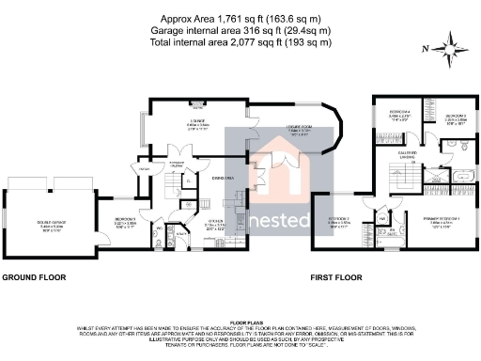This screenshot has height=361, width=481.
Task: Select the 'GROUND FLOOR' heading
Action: coord(35,279)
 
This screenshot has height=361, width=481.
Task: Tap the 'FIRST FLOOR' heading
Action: coord(336,279)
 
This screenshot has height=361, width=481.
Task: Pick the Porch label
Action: coord(143,169)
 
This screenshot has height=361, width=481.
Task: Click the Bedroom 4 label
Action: coord(399,116)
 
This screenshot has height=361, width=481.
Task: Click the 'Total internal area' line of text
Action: coord(240,41)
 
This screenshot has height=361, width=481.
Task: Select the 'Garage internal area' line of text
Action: coord(240,30)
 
